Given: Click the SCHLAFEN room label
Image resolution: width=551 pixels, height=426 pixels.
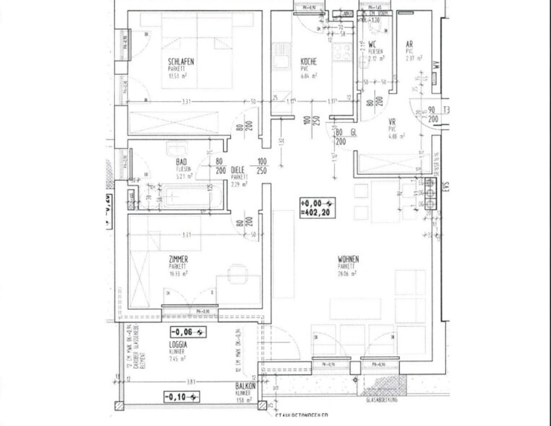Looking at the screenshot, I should click(x=181, y=61).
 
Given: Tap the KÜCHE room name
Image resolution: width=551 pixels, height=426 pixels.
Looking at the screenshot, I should click(x=308, y=61).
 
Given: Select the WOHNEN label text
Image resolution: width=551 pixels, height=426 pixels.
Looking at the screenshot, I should click(x=348, y=259).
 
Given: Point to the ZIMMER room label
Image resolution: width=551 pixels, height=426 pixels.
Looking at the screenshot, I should click(x=178, y=259).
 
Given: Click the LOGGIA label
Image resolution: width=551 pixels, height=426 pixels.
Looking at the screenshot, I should click(x=178, y=344).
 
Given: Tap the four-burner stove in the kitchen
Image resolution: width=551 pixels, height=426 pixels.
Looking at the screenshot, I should click(x=343, y=52).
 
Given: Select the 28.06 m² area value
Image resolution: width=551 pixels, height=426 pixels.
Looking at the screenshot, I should click(x=347, y=274).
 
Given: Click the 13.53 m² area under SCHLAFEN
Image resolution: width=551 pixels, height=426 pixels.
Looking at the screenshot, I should click(x=177, y=76).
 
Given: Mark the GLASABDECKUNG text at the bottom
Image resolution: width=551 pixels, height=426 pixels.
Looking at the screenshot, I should click(x=382, y=400).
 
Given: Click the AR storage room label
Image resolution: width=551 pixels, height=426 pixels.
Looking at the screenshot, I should click(x=409, y=44).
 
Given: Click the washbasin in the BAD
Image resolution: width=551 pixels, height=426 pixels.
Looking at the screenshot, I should click(x=177, y=150).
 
